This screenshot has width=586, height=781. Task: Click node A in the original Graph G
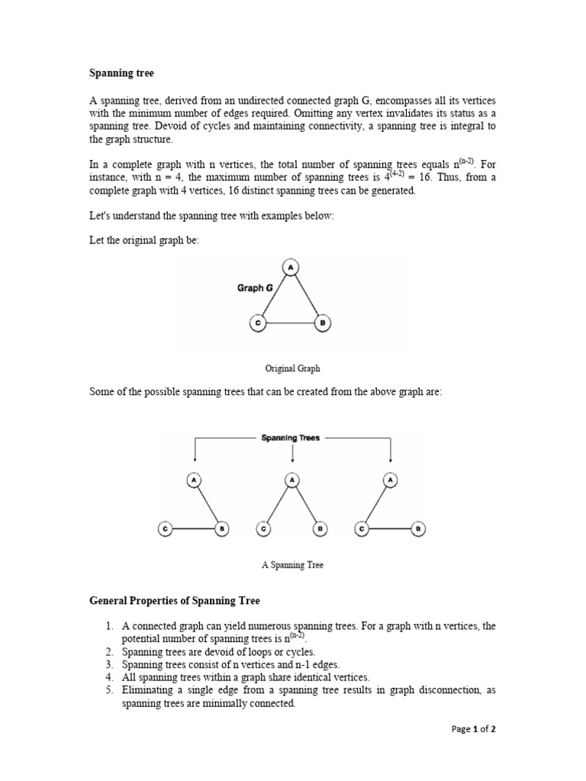coord(290,267)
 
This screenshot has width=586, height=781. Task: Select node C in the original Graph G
coord(258,323)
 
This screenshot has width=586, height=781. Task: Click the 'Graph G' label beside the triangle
coord(256,288)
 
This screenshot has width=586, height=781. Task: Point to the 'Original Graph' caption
coord(292,368)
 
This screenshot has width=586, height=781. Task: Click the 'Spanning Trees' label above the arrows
coord(291,439)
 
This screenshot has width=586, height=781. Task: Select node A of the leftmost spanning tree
coord(195,480)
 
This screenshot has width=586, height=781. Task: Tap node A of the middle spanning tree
coord(292,480)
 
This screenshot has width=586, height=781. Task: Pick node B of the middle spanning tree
coord(320,528)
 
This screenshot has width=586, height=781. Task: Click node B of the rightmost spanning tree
coord(418,528)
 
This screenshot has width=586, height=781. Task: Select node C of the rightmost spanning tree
coord(362,528)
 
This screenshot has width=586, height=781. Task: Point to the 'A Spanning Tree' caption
coord(292,565)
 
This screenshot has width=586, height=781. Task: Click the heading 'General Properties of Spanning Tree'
coord(175,601)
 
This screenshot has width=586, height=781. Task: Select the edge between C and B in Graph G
coord(290,323)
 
